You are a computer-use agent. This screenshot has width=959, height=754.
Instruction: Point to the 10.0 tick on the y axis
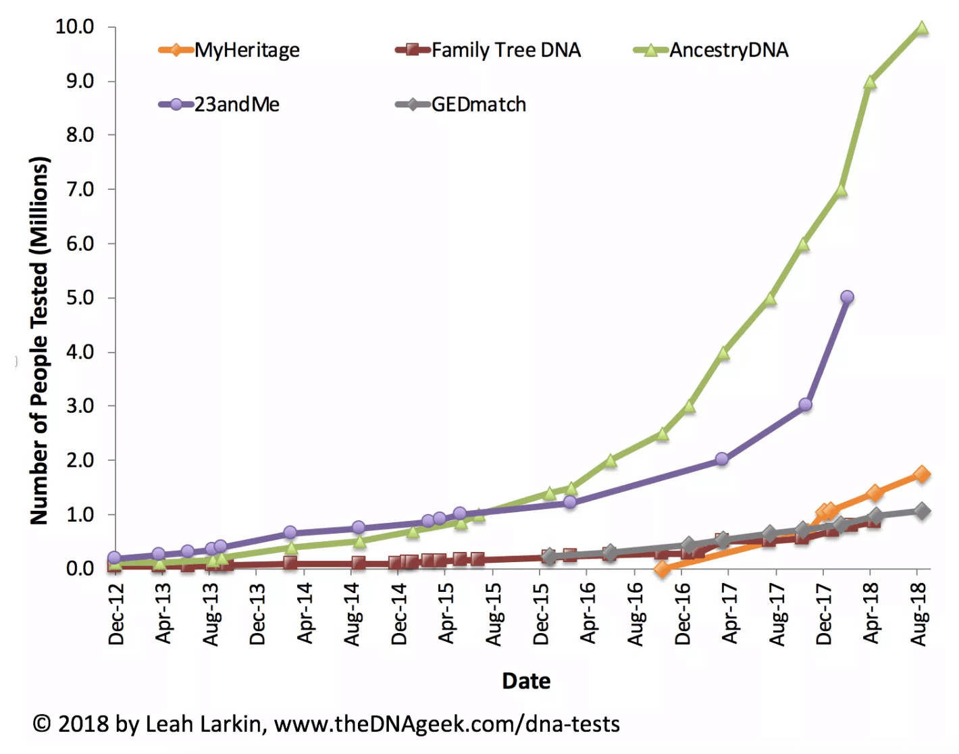74,27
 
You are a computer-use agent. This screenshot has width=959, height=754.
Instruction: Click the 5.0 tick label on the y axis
80,298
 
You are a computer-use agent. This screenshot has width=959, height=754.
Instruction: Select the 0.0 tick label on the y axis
80,569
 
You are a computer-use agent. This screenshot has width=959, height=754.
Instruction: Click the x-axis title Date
526,681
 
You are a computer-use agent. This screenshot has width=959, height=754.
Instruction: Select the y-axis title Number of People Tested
39,341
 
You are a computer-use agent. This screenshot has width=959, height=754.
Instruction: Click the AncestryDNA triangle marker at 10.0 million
922,28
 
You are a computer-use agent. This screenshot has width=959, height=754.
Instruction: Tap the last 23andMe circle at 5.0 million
847,297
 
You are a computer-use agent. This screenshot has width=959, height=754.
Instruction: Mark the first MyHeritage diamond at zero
663,570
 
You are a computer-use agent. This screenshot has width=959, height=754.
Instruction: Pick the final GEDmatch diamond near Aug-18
922,511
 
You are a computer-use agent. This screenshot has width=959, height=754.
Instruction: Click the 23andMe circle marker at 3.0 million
805,405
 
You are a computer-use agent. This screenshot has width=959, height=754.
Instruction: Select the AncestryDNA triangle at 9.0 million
870,82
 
